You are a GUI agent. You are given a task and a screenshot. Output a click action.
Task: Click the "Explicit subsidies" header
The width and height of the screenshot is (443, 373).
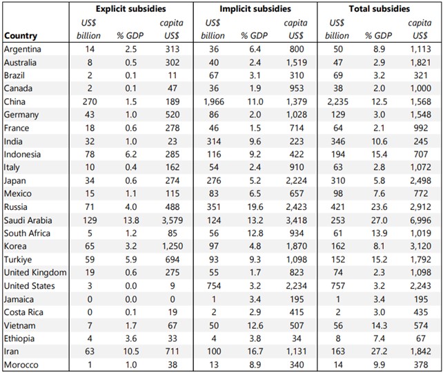coord(131,9)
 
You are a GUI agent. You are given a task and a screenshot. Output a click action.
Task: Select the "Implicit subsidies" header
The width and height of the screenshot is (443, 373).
coord(255,9)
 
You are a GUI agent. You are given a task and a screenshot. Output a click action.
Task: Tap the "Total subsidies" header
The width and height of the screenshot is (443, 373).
coord(379,9)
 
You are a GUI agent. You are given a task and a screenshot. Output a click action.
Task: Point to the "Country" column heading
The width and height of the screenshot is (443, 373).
coord(21,36)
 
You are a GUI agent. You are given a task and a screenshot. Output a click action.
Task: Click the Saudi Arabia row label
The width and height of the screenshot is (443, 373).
coord(28,220)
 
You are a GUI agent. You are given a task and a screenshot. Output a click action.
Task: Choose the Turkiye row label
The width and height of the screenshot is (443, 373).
coord(18,260)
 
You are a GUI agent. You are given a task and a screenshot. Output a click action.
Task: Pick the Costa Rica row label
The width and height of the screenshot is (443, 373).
coord(23,312)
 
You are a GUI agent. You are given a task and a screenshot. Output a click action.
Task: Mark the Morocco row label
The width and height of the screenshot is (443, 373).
coord(21,365)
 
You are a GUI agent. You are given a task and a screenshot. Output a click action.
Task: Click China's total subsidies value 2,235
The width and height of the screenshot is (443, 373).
coord(338,102)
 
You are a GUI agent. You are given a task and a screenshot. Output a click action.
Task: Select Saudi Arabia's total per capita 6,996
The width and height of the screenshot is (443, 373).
coord(421,220)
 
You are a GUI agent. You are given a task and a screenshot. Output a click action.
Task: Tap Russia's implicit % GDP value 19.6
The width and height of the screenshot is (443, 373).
coord(255,207)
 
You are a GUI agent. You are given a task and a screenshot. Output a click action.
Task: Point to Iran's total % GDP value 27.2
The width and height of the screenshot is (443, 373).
coord(379,352)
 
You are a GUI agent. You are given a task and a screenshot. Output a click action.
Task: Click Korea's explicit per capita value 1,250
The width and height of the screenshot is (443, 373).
coord(173,247)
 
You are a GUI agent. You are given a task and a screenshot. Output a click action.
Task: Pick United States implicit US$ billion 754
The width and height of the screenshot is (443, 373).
coord(214,286)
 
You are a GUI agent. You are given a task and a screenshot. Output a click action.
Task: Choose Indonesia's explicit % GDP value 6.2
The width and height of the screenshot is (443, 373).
coord(131,155)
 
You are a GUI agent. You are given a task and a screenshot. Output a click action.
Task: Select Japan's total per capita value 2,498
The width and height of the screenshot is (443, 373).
coord(421,181)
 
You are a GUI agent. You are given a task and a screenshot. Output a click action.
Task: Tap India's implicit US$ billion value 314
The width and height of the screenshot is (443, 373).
coord(214,142)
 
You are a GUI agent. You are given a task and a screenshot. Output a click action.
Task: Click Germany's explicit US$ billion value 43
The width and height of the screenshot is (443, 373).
coord(90,115)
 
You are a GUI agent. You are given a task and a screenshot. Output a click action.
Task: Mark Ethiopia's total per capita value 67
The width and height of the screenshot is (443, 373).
coord(421,338)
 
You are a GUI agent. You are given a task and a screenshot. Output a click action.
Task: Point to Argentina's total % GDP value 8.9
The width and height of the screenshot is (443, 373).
coord(379,49)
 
